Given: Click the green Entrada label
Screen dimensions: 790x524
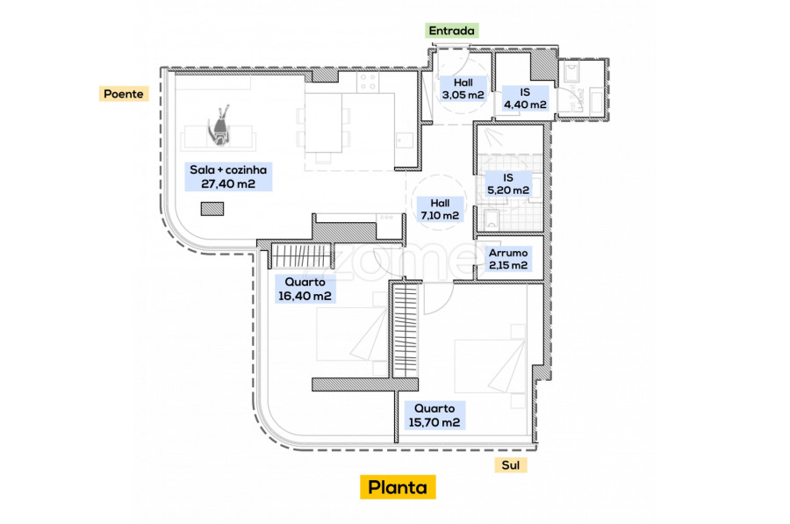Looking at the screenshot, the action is [451, 31].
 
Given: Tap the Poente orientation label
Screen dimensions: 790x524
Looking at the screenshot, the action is [124, 94].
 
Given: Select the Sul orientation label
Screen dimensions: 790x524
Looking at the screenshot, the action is [510, 465].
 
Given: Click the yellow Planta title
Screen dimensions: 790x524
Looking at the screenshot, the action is [398, 487].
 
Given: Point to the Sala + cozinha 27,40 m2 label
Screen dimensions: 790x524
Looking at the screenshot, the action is [228, 176].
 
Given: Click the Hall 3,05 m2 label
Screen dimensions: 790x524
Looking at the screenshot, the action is [463, 89].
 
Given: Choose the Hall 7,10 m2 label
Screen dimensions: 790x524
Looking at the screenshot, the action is [440, 209].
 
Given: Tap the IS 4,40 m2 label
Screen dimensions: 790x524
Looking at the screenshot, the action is [525, 98].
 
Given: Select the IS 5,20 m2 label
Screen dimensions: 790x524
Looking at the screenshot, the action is [508, 184].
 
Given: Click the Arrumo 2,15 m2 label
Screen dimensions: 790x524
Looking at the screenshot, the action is [508, 259].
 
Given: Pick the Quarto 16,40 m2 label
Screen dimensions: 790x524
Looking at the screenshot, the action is [305, 289].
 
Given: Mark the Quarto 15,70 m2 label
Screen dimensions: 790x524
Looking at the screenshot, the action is [434, 416].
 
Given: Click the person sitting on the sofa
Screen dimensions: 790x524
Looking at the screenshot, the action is [219, 126].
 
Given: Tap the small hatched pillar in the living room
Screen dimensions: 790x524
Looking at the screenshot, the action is [212, 209].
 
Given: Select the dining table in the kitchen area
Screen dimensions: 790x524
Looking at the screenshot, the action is [323, 123].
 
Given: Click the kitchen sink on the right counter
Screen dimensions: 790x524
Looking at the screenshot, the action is [404, 140].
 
